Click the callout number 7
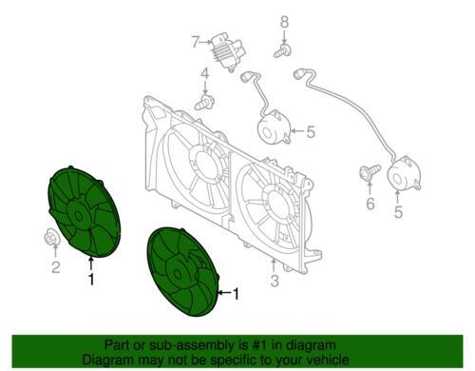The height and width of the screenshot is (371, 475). tap(197, 42)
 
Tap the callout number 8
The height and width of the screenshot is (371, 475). tap(284, 23)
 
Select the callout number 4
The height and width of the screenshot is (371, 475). tap(205, 74)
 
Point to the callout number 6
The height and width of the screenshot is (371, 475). tap(370, 204)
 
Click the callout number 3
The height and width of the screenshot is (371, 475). tap(275, 281)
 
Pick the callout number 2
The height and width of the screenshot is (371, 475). tap(55, 267)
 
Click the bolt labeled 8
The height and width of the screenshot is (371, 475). tap(282, 51)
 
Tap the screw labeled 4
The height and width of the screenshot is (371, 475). tap(205, 102)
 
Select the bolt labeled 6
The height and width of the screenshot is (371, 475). tap(370, 173)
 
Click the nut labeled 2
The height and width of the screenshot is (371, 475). tap(51, 237)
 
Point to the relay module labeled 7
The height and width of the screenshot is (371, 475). tap(229, 50)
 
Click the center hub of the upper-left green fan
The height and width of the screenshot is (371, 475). tap(78, 216)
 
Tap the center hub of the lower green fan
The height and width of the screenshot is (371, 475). tap(178, 274)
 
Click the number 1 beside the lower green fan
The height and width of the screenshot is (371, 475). tap(236, 294)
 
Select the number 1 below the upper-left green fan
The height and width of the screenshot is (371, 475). tap(91, 279)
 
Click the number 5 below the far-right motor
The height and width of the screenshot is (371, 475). tap(398, 212)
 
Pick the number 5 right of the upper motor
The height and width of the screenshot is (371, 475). tap(311, 132)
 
